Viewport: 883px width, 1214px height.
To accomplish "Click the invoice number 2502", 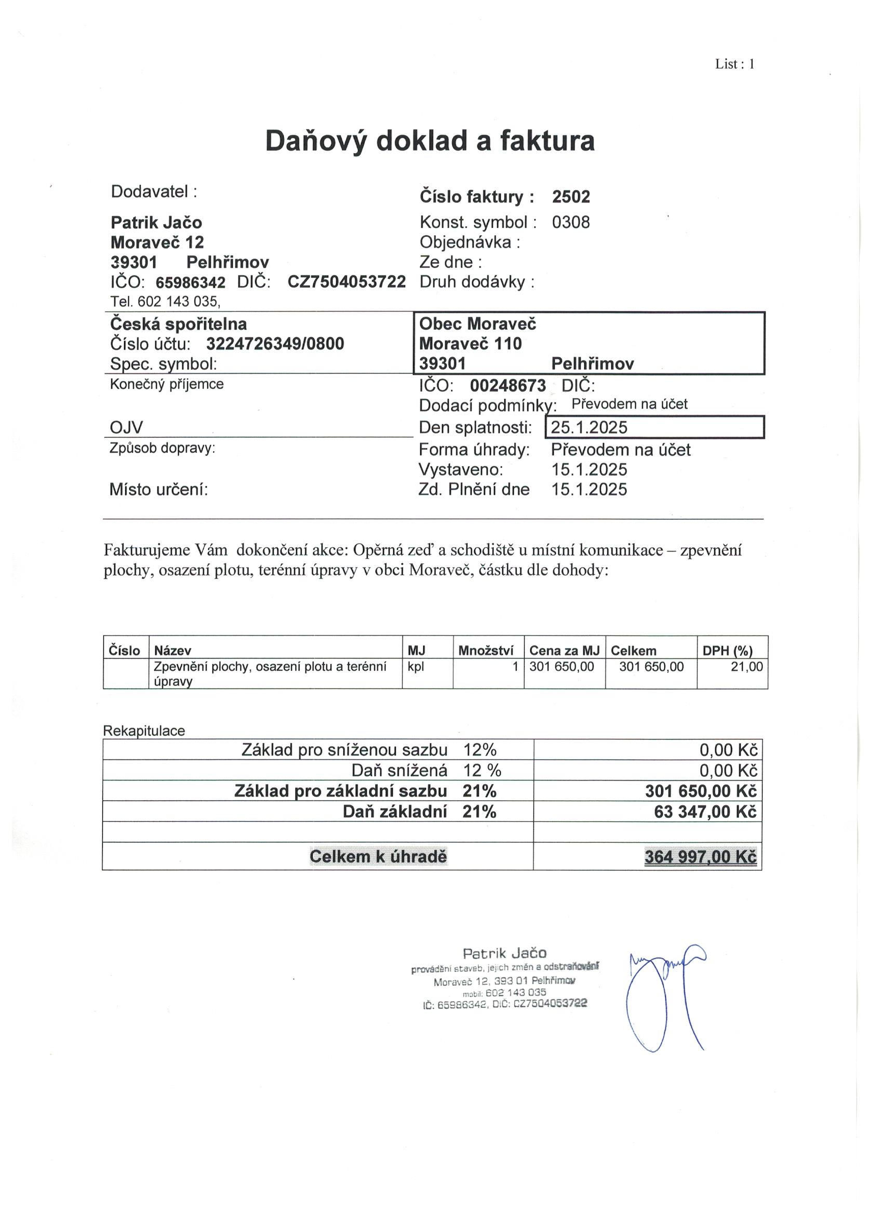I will click(571, 197).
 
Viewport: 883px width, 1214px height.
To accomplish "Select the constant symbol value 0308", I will click(571, 222).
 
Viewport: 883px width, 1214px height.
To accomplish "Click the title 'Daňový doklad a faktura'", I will click(430, 141).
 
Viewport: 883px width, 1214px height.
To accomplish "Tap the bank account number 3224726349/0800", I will click(275, 344).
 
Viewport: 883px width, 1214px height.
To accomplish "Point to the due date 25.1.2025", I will click(589, 427).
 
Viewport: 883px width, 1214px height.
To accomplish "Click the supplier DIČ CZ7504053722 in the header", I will click(346, 282).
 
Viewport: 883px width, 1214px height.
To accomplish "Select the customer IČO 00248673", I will click(507, 385).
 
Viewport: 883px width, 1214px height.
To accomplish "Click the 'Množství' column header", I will click(486, 651).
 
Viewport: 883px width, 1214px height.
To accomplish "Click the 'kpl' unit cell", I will click(416, 667).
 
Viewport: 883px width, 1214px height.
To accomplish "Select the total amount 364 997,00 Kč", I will click(700, 857).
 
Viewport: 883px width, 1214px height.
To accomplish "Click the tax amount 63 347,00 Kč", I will click(705, 812).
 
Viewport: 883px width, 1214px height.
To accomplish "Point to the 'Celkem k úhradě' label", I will click(378, 857).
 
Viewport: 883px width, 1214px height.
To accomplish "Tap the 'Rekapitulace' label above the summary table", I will click(144, 731).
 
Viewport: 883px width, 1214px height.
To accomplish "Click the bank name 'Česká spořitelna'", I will click(178, 324).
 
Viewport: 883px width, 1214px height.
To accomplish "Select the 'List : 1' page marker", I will click(734, 64).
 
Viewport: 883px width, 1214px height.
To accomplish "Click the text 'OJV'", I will click(126, 427).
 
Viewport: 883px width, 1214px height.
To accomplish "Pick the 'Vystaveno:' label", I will click(461, 469).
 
